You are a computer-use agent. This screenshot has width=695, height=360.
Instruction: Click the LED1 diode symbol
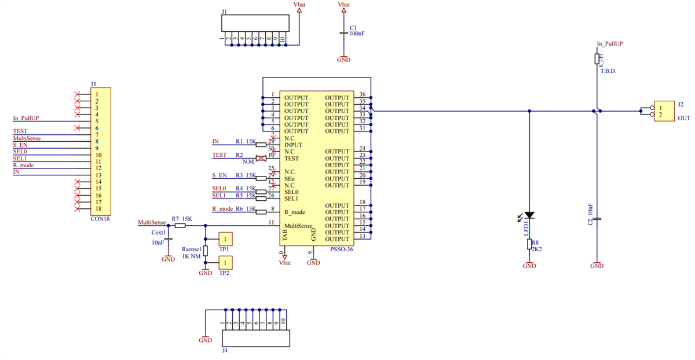(529, 215)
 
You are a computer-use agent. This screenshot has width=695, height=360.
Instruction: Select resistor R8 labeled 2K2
(529, 244)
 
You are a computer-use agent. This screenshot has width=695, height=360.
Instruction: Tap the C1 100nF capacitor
(343, 32)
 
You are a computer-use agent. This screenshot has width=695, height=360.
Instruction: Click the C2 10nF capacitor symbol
(597, 219)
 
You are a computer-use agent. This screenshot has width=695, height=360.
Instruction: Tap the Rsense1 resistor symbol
(206, 250)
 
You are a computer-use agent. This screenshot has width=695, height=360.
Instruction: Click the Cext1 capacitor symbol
(168, 238)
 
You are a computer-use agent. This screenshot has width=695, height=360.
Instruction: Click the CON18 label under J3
(100, 219)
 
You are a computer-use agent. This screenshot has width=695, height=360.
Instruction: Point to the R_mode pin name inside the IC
(294, 212)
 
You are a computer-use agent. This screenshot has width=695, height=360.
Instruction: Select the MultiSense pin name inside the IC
(298, 226)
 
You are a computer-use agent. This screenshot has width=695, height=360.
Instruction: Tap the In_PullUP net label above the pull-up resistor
(609, 43)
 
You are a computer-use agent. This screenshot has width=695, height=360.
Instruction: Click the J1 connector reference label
(225, 11)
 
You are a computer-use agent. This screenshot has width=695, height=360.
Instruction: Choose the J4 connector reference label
(224, 350)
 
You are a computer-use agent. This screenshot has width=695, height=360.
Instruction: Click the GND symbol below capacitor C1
(343, 59)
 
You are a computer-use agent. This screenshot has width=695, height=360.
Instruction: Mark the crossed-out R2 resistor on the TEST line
(261, 158)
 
